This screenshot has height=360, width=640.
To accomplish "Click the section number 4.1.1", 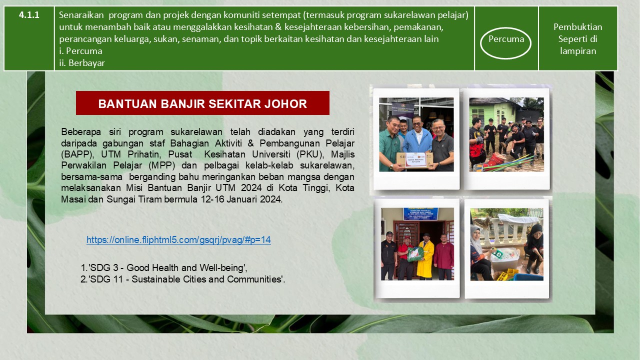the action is click(x=29, y=15).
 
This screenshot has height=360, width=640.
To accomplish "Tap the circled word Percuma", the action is click(x=506, y=39).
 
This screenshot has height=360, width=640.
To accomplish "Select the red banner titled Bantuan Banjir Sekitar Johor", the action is click(x=202, y=103).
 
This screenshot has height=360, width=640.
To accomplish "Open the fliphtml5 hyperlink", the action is click(x=178, y=239).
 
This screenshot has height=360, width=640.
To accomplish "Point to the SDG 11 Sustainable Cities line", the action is click(x=186, y=279).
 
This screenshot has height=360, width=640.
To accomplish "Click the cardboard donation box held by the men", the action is click(x=414, y=160).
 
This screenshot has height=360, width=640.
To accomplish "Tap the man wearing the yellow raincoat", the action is click(x=425, y=256).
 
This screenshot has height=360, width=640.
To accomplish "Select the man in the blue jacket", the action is click(x=417, y=140).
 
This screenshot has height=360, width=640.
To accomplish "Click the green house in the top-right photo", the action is click(x=495, y=111).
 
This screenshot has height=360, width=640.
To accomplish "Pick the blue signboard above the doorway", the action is click(x=420, y=214).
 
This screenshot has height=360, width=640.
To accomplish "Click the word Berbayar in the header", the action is click(x=86, y=63).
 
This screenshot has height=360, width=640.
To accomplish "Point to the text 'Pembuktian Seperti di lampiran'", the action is click(x=577, y=39).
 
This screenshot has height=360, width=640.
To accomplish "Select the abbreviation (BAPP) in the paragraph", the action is click(x=77, y=154).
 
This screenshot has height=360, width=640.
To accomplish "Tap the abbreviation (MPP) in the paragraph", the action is click(x=161, y=165).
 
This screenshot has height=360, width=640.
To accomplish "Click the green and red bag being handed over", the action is click(x=415, y=253).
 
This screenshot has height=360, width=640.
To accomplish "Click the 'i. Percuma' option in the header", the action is click(x=80, y=51).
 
